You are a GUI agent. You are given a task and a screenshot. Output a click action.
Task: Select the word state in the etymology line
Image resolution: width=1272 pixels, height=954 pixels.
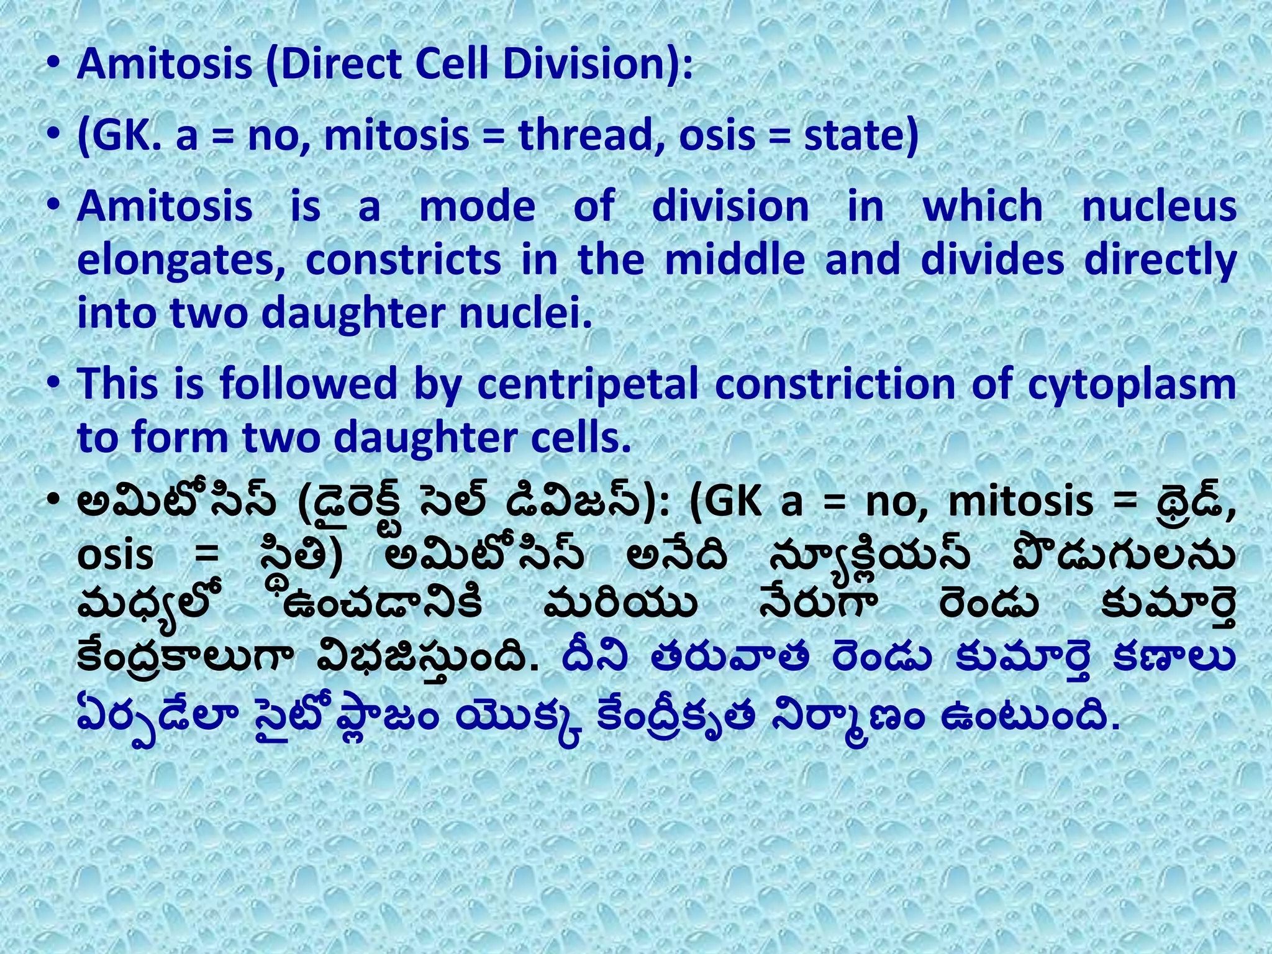(861, 135)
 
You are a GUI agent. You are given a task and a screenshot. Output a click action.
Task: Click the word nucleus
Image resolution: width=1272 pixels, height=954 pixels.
(1159, 206)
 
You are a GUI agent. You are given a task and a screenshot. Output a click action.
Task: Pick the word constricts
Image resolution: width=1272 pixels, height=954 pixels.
(404, 260)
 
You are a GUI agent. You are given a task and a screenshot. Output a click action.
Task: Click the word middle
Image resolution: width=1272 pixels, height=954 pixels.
(735, 260)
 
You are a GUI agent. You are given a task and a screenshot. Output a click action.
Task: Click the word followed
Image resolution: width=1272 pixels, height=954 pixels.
(308, 384)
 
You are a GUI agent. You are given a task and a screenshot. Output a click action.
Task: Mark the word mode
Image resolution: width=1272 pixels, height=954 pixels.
(477, 206)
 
